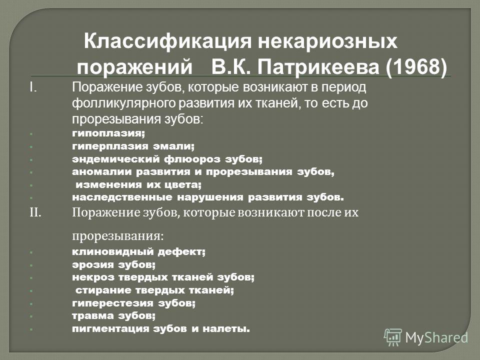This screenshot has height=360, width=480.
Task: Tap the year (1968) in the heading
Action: pyautogui.click(x=416, y=66)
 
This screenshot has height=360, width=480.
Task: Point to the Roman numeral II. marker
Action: pyautogui.click(x=35, y=212)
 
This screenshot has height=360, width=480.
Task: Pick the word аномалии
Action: pyautogui.click(x=102, y=171)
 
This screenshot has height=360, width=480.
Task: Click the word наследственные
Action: pyautogui.click(x=122, y=197)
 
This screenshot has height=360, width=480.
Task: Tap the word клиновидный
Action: pyautogui.click(x=113, y=252)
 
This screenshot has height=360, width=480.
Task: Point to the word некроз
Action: pyautogui.click(x=93, y=277)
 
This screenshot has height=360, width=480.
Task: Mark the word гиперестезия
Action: pyautogui.click(x=112, y=303)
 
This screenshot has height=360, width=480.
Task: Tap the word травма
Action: pyautogui.click(x=93, y=315)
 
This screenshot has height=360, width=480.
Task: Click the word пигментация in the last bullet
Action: pyautogui.click(x=110, y=329)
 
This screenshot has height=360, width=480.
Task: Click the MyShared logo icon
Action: pyautogui.click(x=393, y=337)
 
